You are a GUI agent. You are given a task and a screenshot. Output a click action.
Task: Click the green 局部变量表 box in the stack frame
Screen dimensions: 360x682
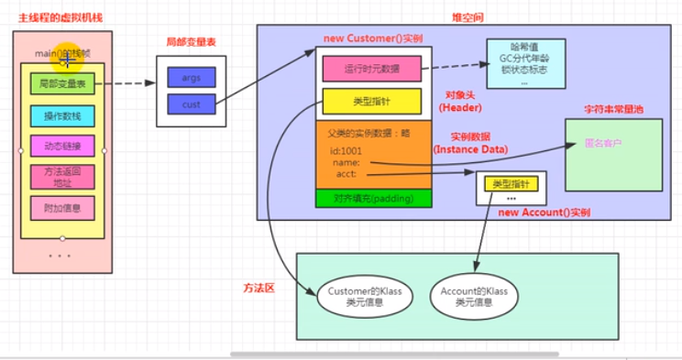click(62, 84)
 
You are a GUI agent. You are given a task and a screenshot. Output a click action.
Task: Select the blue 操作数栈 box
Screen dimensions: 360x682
click(62, 115)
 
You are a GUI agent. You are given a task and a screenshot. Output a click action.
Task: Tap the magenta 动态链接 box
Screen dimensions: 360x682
click(62, 146)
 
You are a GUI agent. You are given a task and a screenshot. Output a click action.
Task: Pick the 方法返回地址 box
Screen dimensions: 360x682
click(62, 177)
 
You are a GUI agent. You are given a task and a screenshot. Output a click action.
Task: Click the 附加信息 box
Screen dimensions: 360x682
click(62, 208)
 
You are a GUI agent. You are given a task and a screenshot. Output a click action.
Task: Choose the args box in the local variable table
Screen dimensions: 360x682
click(191, 77)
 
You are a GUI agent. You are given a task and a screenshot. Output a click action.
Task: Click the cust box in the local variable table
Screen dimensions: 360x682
click(191, 105)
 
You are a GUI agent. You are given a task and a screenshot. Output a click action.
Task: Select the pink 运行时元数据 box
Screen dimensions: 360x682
click(372, 68)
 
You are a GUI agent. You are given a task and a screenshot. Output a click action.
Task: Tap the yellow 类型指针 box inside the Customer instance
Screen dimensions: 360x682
click(372, 101)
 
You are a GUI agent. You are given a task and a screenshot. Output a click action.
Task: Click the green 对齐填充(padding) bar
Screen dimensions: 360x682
click(372, 199)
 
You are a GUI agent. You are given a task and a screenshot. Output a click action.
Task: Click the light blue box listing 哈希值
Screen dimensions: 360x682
click(525, 62)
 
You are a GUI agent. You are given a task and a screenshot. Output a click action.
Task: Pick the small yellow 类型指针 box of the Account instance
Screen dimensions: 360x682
click(511, 184)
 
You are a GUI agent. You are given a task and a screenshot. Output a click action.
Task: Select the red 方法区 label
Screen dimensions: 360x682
click(259, 287)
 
